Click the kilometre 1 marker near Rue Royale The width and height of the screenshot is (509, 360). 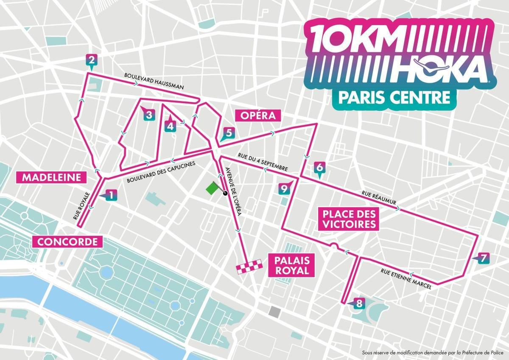110,195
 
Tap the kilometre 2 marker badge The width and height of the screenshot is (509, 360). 91,60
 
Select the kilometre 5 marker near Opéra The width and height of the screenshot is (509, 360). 228,133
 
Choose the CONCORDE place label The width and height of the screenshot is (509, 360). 68,242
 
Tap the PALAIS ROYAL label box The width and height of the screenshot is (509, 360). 291,265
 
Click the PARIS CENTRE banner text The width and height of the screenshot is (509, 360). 394,97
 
